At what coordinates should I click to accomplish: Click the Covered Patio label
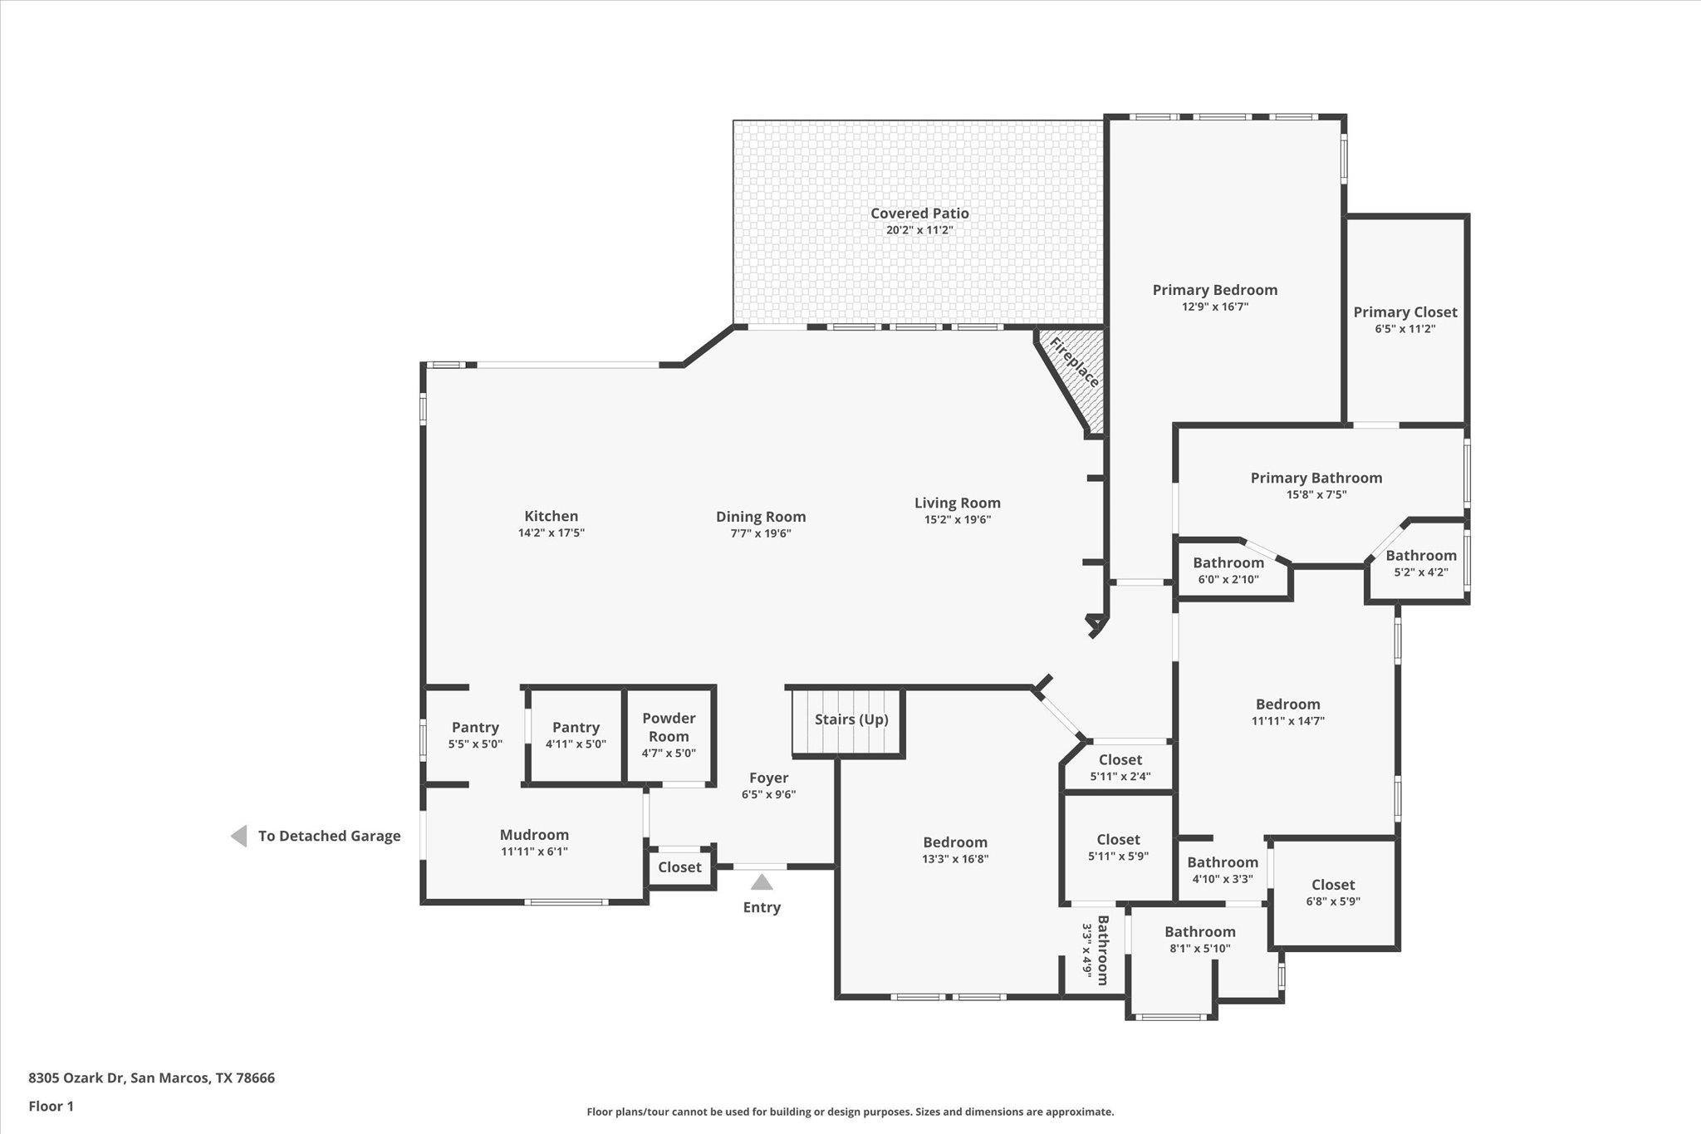919,214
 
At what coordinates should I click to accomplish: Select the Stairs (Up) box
849,721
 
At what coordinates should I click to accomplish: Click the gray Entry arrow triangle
762,882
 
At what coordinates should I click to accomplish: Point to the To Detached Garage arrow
239,836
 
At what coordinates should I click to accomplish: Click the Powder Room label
669,727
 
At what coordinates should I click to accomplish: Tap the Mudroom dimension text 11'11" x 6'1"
534,852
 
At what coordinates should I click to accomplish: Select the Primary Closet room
1404,320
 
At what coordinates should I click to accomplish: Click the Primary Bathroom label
1316,478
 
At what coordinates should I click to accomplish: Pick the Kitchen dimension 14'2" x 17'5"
551,533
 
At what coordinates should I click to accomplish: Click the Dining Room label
761,517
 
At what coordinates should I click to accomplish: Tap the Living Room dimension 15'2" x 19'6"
957,520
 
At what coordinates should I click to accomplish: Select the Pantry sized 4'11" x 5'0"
576,735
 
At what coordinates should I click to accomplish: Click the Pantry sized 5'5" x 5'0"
475,735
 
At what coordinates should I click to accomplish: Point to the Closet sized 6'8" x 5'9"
1332,893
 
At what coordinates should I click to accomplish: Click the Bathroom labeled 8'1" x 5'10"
1199,940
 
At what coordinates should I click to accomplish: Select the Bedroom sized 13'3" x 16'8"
954,850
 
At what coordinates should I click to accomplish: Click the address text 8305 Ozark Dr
76,1078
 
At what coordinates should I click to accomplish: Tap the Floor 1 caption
51,1107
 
